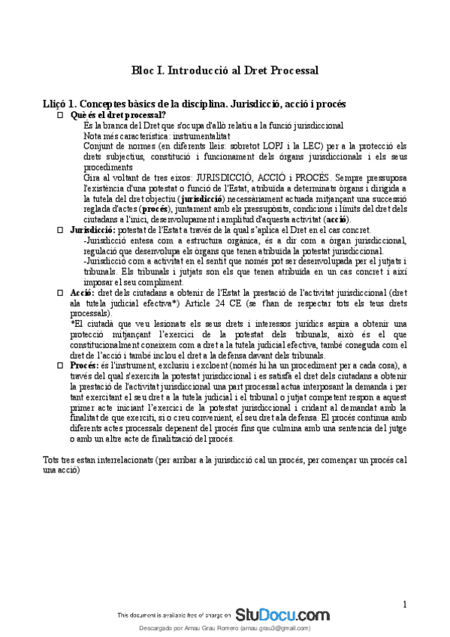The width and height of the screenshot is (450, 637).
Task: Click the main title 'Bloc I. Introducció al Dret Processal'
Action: click(x=225, y=70)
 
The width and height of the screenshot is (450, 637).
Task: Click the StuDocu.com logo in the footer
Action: click(x=282, y=614)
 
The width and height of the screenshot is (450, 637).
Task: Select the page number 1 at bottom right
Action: click(x=404, y=604)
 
